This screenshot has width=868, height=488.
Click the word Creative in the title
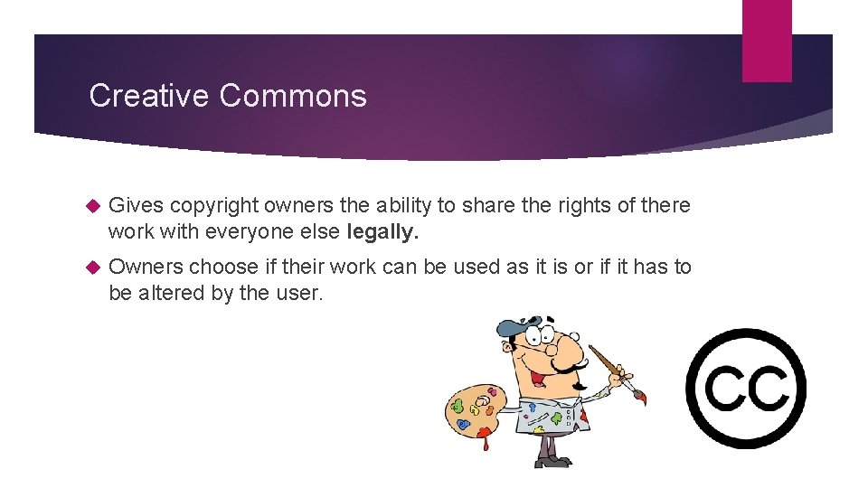[x=149, y=96]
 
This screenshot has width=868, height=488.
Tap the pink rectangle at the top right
[x=767, y=41]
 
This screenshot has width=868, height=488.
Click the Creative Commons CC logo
[x=746, y=389]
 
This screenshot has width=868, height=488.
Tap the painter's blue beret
[x=524, y=327]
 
